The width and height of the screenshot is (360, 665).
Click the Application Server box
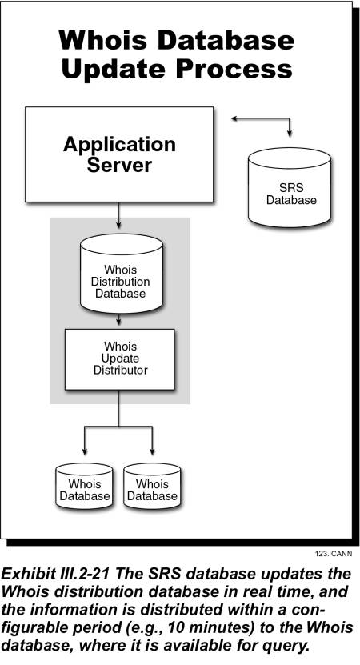coord(119,154)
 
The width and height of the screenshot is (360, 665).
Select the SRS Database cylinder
coord(289,187)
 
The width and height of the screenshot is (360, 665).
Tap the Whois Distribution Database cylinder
coord(122,274)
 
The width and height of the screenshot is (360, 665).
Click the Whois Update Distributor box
coord(119,359)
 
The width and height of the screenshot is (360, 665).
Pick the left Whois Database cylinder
coord(84,486)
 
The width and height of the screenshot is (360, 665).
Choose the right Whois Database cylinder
coord(152,486)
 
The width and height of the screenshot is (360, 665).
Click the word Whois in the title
coord(103,41)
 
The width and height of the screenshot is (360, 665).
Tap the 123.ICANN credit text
coord(334,554)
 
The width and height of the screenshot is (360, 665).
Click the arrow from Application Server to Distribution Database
coord(118,215)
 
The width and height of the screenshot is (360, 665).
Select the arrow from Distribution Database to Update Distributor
coord(118,319)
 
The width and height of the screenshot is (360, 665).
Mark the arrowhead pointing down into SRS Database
coord(290,133)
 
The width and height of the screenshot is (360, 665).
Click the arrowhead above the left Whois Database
coord(84,451)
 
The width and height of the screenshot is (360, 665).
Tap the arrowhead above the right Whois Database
coord(152,451)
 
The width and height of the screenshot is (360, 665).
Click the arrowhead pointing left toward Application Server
coord(235,118)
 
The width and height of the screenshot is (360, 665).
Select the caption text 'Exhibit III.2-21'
coord(55,574)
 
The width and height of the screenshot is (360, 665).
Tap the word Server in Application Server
coord(119,165)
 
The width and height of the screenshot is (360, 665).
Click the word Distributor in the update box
coord(121,371)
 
